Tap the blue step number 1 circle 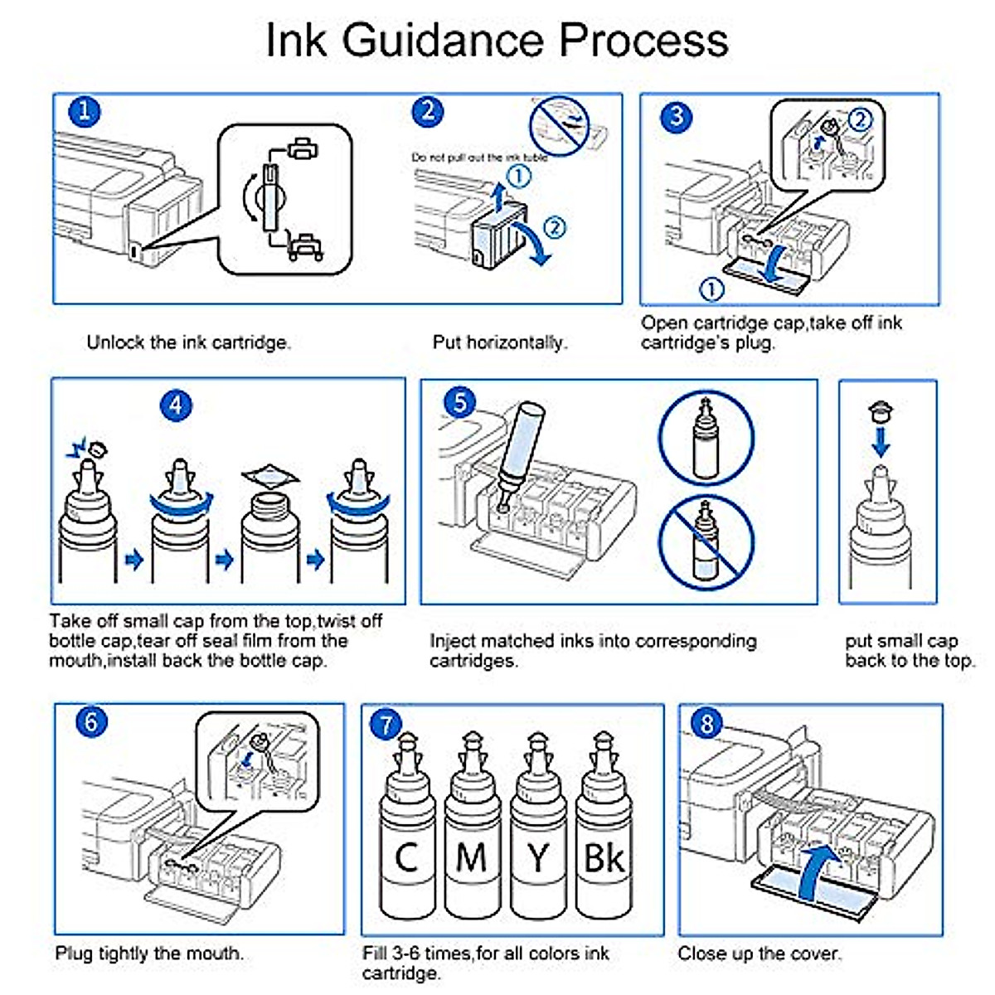point(84,112)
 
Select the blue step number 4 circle point(176,405)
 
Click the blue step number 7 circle point(386,724)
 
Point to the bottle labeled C point(406,837)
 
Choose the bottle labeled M point(472,837)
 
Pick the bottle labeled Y point(538,837)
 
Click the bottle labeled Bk point(604,837)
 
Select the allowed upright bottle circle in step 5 point(706,438)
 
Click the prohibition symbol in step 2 point(559,124)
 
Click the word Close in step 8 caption point(701,954)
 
